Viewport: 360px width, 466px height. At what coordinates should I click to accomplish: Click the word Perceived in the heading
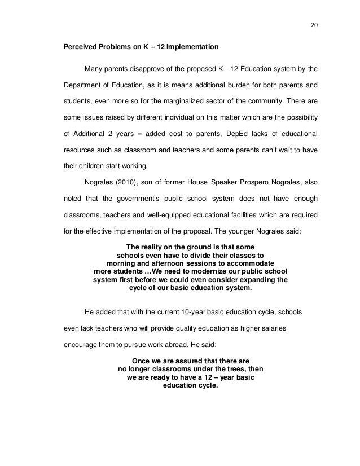click(78, 46)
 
